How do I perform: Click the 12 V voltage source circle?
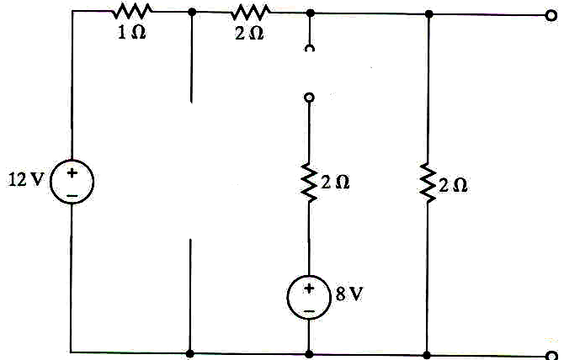[x=72, y=183]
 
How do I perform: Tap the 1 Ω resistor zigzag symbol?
[x=133, y=12]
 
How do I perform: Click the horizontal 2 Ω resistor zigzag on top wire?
[x=250, y=12]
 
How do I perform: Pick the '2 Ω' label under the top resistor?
[x=250, y=36]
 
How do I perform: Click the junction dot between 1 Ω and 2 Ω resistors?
[x=192, y=13]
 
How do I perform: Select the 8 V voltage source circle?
[x=309, y=298]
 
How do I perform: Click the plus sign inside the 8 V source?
[x=309, y=289]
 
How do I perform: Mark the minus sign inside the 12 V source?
[x=72, y=194]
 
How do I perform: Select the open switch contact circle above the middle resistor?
[x=309, y=98]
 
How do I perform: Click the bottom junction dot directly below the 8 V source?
[x=309, y=353]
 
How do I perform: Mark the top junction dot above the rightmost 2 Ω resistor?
[x=428, y=13]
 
